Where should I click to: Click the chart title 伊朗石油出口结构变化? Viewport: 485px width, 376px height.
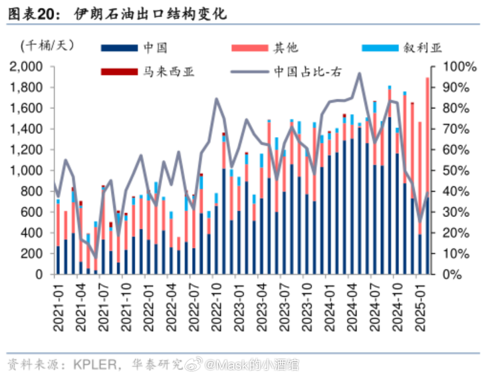coord(151,14)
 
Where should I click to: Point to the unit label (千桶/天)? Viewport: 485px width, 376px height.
coord(47,45)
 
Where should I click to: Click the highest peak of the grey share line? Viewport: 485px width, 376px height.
coord(359,74)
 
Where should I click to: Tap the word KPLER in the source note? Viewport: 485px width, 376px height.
coord(95,364)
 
